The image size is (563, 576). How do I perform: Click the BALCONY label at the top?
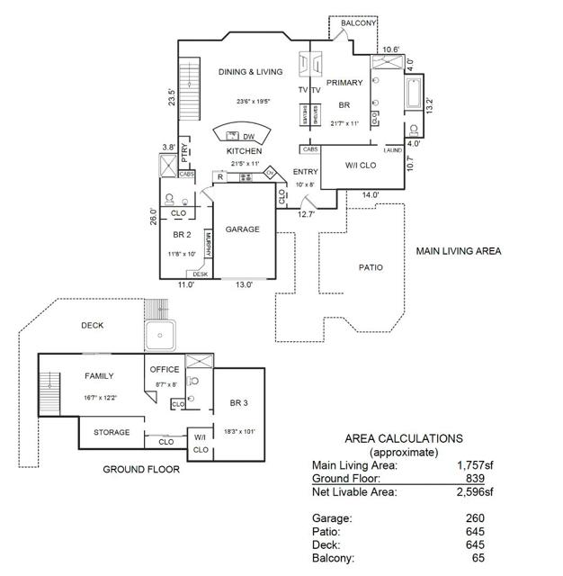(360, 22)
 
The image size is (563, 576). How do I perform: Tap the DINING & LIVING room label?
(250, 72)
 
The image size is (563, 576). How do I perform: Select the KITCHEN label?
(244, 151)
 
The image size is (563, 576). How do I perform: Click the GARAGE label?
(242, 229)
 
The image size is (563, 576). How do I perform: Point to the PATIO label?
(371, 267)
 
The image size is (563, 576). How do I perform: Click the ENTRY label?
(306, 172)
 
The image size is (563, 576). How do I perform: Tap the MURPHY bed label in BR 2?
(208, 244)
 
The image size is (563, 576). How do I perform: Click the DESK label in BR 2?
(200, 274)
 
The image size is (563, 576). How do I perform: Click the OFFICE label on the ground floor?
(164, 369)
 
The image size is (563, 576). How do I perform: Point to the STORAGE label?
(112, 432)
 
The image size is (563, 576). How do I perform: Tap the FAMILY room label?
(99, 375)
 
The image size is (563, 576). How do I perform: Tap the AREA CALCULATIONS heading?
(404, 438)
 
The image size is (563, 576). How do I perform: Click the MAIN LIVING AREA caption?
(458, 251)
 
